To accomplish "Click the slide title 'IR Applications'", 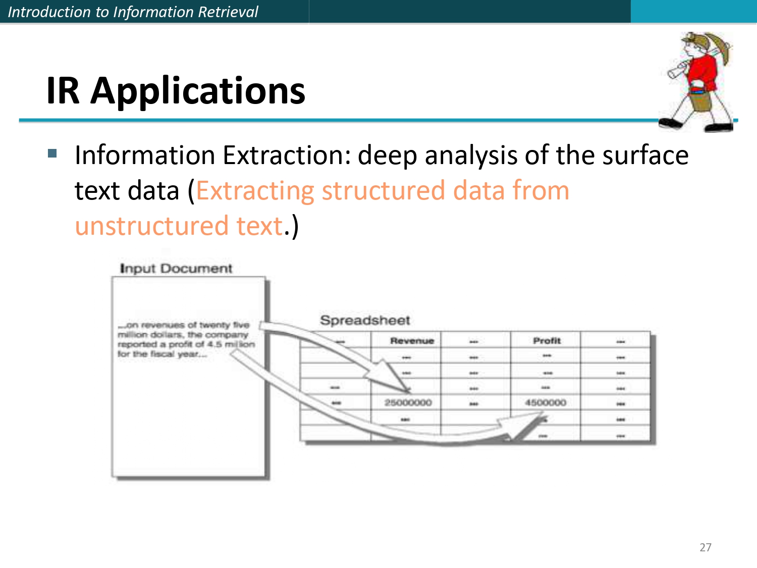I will point(176,91).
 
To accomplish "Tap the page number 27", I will point(706,547).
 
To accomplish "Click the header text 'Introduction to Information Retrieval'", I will point(133,12).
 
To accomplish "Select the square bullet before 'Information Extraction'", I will point(53,153).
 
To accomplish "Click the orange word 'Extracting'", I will point(255,191).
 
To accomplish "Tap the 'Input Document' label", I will point(176,269).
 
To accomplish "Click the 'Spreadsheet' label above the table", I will point(365,321).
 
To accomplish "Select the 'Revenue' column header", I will point(412,341).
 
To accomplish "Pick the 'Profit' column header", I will point(547,341).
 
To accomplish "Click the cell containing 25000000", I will point(408,403).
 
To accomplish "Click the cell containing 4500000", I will point(546,403).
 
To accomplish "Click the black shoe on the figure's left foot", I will point(671,123).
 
